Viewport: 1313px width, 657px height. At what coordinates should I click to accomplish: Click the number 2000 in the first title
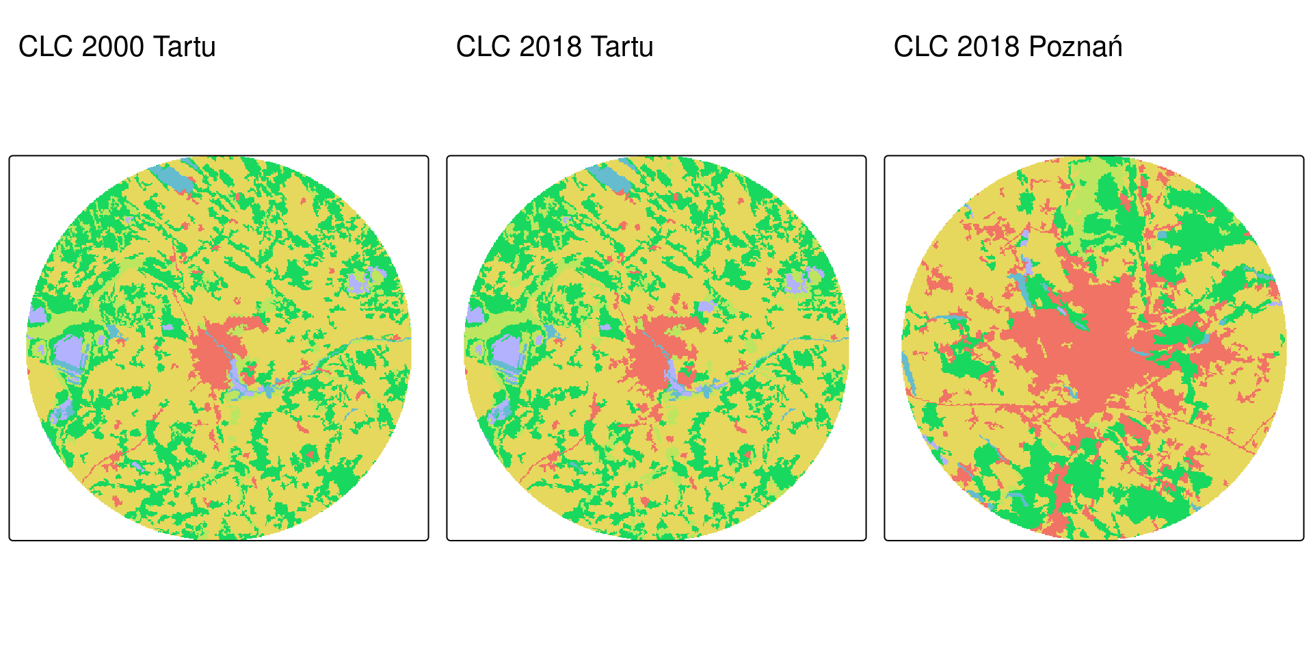(x=113, y=47)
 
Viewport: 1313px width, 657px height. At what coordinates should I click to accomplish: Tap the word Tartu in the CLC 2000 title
(x=184, y=47)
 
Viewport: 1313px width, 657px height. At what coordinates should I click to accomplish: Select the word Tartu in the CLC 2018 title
(x=622, y=47)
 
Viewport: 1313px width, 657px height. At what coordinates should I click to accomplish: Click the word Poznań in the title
(x=1075, y=47)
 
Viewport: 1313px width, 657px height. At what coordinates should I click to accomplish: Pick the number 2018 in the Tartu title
(x=551, y=47)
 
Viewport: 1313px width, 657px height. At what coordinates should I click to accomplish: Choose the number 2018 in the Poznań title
(x=988, y=47)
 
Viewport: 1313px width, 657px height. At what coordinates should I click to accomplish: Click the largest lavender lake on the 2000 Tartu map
(x=68, y=352)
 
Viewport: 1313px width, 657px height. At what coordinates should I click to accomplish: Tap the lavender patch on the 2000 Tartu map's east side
(x=358, y=281)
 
